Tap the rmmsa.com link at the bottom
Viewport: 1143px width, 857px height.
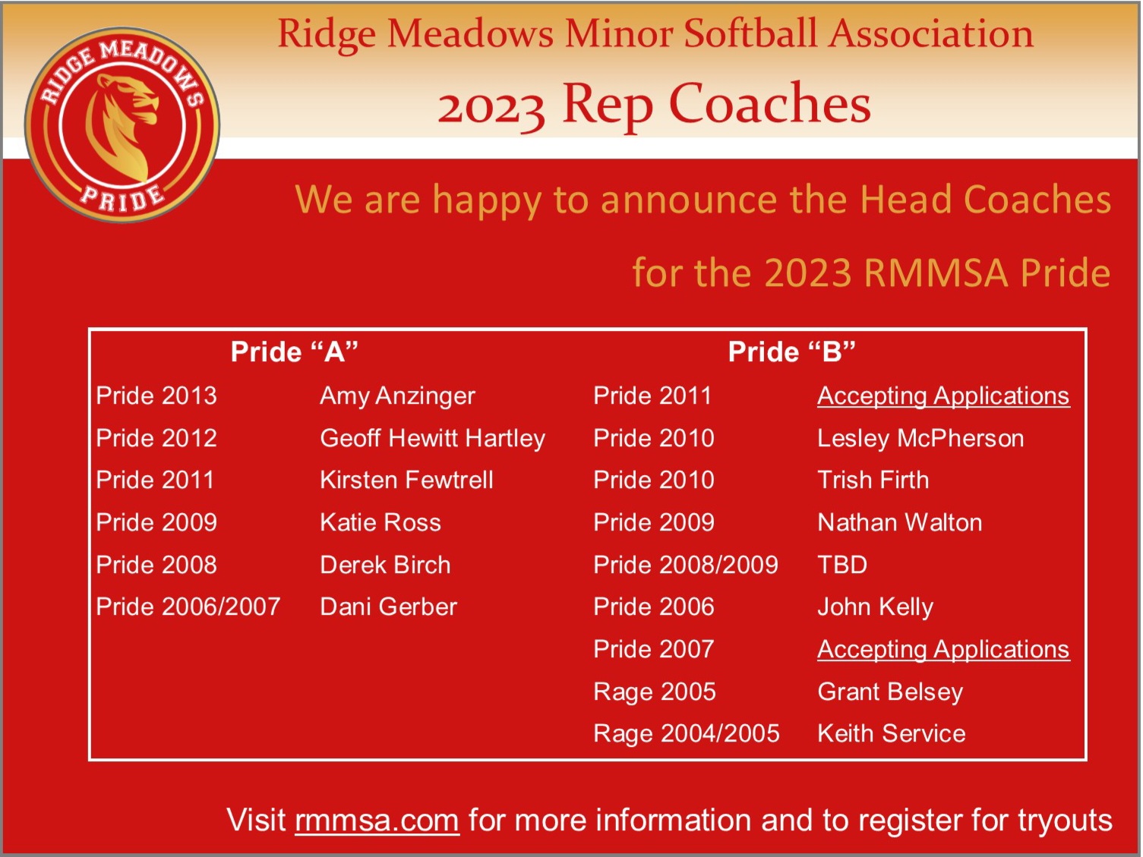377,821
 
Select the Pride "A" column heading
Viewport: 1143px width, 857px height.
294,351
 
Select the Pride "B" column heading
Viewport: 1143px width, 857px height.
791,351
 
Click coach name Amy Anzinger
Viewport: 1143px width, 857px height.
397,396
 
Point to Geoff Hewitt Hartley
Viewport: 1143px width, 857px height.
432,439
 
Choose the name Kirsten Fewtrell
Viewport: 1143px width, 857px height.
406,480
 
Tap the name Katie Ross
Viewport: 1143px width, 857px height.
380,522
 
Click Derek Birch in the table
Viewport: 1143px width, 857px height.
385,565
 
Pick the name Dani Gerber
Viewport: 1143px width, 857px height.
388,607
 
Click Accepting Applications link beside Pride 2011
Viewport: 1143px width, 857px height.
943,396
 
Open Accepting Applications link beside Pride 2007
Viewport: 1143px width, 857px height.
943,650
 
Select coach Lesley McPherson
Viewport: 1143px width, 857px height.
920,439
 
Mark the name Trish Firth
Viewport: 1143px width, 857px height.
873,480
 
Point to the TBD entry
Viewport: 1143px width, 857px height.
842,565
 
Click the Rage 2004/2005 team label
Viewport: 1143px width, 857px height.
687,734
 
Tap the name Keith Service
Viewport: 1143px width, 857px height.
892,734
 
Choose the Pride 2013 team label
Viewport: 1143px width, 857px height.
156,396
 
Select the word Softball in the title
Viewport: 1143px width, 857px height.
750,34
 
